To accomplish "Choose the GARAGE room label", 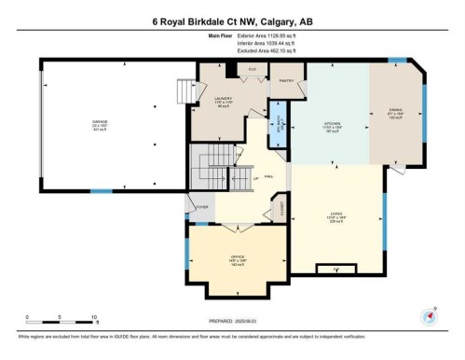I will (100, 122).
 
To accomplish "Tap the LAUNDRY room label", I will (223, 98).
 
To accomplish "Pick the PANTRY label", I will (288, 81).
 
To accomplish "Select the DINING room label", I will (395, 109).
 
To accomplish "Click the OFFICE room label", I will (238, 257).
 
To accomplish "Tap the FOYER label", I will (201, 207).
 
